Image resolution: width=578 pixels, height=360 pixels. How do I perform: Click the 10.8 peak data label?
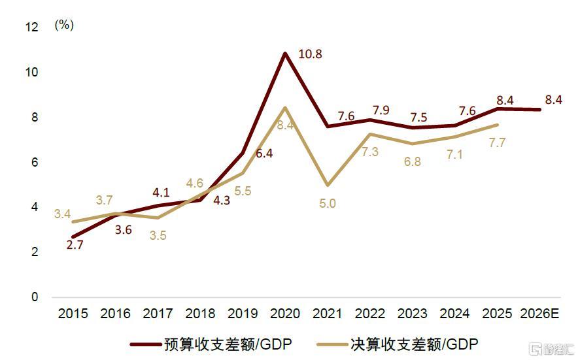pos(310,54)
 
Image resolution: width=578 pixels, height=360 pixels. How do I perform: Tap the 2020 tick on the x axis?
pos(285,314)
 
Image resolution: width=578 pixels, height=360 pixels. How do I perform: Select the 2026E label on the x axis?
pos(540,314)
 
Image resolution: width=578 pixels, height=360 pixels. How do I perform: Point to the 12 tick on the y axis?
pos(31,27)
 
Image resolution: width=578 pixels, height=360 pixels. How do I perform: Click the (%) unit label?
pos(64,25)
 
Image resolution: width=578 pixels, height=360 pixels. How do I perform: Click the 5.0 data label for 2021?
pos(328,204)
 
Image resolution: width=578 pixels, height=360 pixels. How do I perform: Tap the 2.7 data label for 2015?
pos(75,246)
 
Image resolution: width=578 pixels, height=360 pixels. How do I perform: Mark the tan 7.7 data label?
pos(498,143)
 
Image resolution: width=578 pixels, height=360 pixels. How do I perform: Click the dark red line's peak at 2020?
pos(285,53)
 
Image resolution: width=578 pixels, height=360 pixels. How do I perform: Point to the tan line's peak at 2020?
pos(285,107)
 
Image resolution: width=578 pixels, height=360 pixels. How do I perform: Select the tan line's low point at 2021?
pos(328,185)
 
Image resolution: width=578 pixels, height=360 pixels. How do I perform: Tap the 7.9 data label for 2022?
pos(380,108)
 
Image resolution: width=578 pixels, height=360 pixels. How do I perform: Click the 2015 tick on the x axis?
pos(73,314)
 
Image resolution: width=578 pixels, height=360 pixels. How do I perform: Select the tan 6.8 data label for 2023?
pos(413,162)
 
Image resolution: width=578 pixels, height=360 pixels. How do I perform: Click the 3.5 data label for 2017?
pos(158,236)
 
